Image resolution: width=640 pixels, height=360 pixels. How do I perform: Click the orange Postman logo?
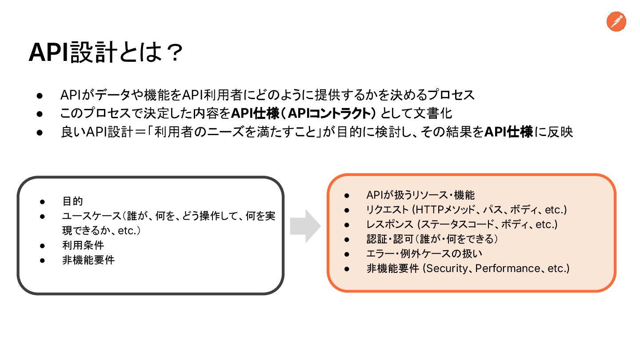pos(616,22)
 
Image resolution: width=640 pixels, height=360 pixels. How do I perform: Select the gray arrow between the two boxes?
pos(305,226)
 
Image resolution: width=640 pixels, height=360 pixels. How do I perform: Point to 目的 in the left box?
pos(72,201)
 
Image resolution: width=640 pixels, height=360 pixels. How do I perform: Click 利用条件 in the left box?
pos(83,245)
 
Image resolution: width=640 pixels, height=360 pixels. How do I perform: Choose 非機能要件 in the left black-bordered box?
pos(88,260)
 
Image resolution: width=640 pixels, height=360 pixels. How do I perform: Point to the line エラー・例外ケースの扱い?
pos(424,254)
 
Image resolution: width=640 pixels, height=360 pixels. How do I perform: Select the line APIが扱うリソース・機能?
pos(420,195)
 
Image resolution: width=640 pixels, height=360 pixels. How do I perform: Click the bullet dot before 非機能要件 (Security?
pos(348,269)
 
